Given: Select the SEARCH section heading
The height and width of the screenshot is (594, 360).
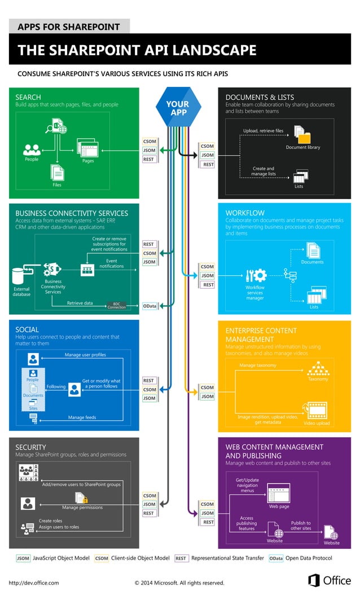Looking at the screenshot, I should (x=28, y=97).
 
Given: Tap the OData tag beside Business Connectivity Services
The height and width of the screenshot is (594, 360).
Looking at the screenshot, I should (x=150, y=306).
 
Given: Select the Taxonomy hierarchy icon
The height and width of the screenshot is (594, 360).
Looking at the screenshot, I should (x=318, y=368).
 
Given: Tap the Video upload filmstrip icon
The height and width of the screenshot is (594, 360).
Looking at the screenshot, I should (x=315, y=410).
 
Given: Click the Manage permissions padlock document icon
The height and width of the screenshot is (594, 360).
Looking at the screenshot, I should (x=81, y=498).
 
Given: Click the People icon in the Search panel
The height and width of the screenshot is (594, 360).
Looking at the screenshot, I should (x=32, y=149).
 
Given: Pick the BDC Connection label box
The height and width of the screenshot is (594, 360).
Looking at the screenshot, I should (x=117, y=306).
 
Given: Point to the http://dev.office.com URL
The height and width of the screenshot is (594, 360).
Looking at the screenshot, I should (x=34, y=583).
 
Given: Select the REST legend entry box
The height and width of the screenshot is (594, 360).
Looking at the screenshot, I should (x=181, y=558).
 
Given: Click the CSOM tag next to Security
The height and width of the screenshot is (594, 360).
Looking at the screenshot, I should (x=149, y=496).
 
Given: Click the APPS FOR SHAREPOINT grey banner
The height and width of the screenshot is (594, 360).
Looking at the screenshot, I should (x=69, y=27).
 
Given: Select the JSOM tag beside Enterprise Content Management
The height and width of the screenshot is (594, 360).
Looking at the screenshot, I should (x=207, y=397).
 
